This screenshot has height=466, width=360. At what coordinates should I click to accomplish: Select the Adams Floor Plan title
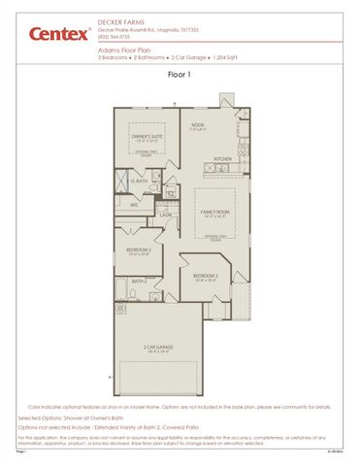tap(122, 50)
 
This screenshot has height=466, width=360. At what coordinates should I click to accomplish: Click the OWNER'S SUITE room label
tap(147, 138)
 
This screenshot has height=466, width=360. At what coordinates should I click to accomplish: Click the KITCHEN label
tap(223, 158)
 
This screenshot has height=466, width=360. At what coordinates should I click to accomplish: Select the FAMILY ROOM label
tap(214, 210)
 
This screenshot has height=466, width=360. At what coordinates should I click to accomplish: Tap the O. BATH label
tap(140, 182)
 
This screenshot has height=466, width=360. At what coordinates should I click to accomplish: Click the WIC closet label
tap(135, 205)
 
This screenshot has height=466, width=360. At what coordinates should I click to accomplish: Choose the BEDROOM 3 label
tap(205, 276)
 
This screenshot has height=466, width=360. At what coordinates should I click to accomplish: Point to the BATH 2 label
tap(139, 282)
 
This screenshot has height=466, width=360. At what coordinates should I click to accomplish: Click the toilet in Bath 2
tap(119, 290)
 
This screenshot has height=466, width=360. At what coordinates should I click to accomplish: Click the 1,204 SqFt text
tap(224, 57)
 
